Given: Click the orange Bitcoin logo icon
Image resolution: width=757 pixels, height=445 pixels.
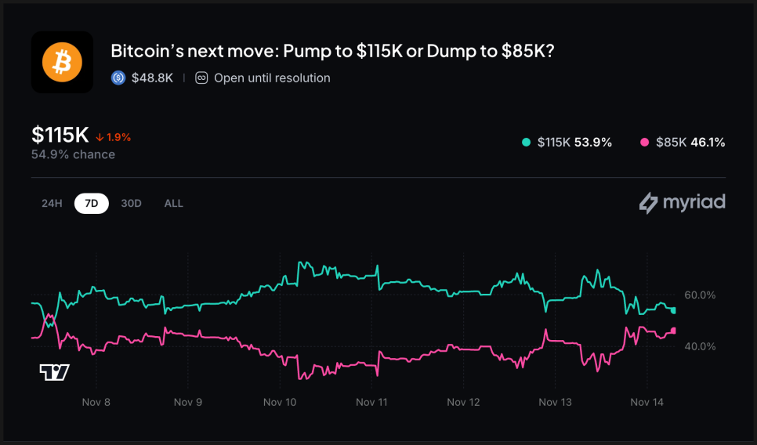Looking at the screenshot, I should tap(62, 62).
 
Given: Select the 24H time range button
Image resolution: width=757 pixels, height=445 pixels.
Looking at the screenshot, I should tap(52, 203).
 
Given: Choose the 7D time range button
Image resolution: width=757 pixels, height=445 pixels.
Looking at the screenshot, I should tap(92, 203).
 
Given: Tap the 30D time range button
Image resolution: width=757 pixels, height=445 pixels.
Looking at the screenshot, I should tap(131, 203).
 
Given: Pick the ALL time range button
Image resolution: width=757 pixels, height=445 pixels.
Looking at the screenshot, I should tap(173, 203).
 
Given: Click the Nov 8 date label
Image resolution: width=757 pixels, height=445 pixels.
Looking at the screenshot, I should tap(96, 402).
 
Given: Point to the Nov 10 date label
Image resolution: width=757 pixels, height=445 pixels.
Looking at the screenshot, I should tap(280, 402).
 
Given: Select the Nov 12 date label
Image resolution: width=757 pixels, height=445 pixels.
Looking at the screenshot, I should tap(463, 402).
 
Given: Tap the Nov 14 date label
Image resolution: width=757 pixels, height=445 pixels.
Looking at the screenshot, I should tap(647, 402).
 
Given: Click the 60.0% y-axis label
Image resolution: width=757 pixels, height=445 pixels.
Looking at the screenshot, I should tap(700, 295).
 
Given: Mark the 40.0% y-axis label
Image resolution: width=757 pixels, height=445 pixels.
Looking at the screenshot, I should tap(700, 346).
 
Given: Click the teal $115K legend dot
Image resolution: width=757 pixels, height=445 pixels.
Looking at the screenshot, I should tap(526, 143).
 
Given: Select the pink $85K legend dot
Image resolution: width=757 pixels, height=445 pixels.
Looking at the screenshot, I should tap(644, 143).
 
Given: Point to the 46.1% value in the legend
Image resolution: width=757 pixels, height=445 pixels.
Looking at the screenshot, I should tap(708, 143).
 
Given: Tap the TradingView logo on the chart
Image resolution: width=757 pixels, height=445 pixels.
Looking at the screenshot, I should tap(54, 372).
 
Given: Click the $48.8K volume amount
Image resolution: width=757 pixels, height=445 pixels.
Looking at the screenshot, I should tap(152, 78).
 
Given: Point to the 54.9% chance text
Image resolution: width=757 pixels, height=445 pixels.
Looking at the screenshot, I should tap(73, 154).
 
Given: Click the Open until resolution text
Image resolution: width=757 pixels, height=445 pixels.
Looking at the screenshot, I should tap(272, 78).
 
